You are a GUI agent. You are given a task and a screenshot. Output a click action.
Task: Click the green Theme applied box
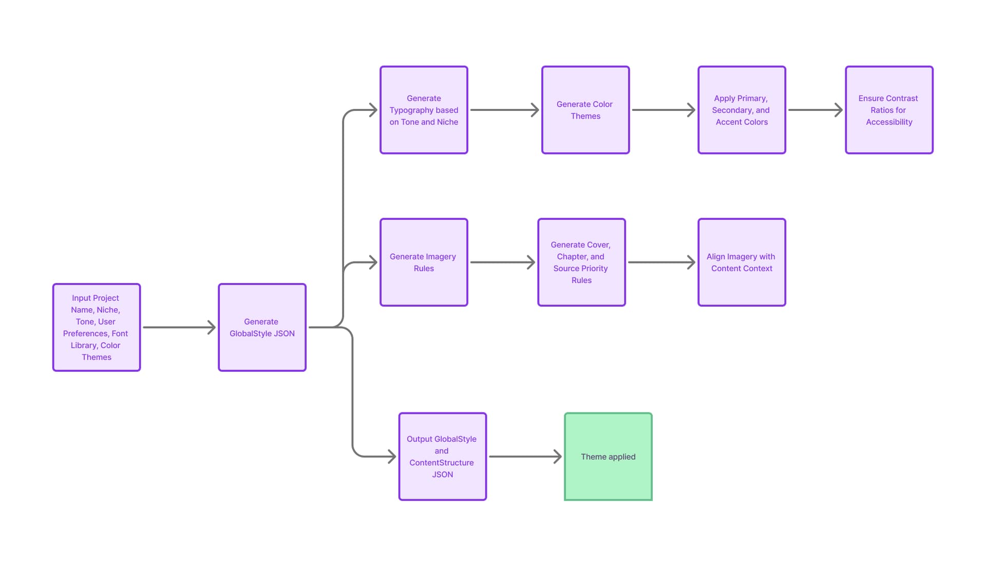pyautogui.click(x=608, y=457)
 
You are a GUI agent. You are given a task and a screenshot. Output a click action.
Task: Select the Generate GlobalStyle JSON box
pyautogui.click(x=262, y=327)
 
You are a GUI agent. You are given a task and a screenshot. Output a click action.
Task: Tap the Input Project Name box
pyautogui.click(x=97, y=327)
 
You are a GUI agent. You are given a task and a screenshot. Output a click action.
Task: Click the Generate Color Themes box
pyautogui.click(x=585, y=110)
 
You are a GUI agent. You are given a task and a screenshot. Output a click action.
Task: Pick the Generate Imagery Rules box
pyautogui.click(x=424, y=262)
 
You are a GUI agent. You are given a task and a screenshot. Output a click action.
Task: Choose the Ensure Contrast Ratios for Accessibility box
pyautogui.click(x=889, y=110)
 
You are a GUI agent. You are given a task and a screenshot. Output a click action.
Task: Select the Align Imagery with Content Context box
pyautogui.click(x=742, y=262)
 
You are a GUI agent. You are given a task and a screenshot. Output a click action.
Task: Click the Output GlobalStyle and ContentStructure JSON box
pyautogui.click(x=442, y=457)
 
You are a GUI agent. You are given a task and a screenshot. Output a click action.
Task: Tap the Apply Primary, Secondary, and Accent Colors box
pyautogui.click(x=742, y=110)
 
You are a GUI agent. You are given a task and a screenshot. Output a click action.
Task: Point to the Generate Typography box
pyautogui.click(x=424, y=110)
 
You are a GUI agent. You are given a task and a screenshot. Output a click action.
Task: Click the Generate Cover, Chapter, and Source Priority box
pyautogui.click(x=581, y=262)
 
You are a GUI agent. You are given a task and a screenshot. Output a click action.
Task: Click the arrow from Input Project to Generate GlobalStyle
pyautogui.click(x=179, y=327)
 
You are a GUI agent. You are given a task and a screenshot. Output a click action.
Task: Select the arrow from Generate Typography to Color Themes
pyautogui.click(x=505, y=110)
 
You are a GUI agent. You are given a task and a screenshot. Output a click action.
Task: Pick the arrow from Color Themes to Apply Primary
pyautogui.click(x=663, y=110)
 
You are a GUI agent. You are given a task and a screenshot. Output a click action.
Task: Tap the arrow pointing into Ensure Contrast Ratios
pyautogui.click(x=816, y=110)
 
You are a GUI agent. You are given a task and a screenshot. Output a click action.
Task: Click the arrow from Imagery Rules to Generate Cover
pyautogui.click(x=503, y=262)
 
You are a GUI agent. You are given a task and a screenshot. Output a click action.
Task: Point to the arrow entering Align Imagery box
pyautogui.click(x=661, y=262)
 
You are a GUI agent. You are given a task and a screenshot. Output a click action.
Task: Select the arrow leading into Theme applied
pyautogui.click(x=525, y=457)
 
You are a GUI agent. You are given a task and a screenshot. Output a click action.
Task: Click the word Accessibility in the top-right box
pyautogui.click(x=889, y=122)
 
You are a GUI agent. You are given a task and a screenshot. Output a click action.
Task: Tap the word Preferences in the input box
pyautogui.click(x=86, y=333)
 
